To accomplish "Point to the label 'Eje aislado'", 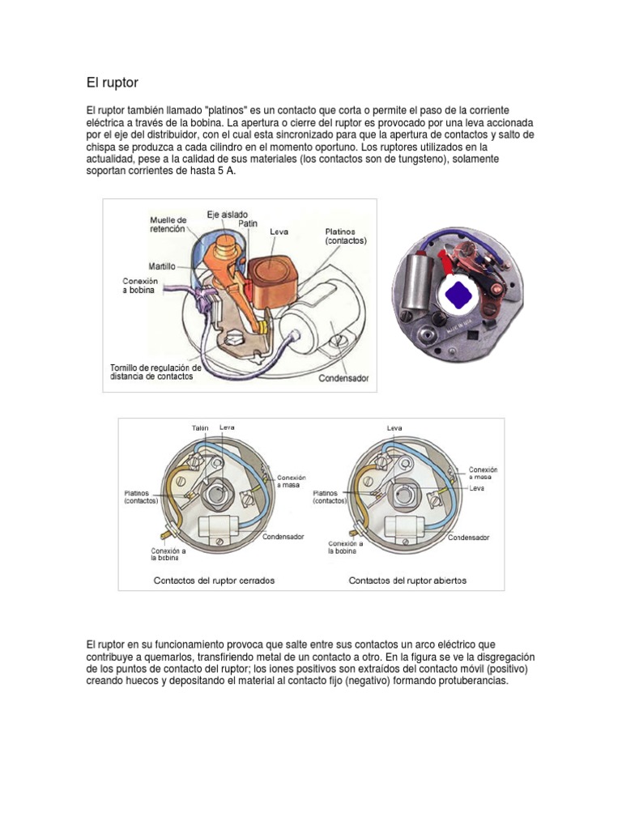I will click(228, 215).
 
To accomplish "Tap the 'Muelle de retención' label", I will click(168, 224).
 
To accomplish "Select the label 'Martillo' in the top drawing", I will click(163, 266).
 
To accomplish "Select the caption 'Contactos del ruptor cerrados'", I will click(214, 580).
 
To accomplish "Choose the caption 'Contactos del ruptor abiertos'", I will click(407, 580).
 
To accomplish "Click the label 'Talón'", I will click(200, 428).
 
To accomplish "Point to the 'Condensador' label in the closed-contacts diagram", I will click(283, 537).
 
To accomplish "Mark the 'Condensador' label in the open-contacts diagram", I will click(468, 537).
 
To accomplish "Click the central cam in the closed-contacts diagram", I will click(218, 492).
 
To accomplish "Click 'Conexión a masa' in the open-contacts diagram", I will click(483, 474).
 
